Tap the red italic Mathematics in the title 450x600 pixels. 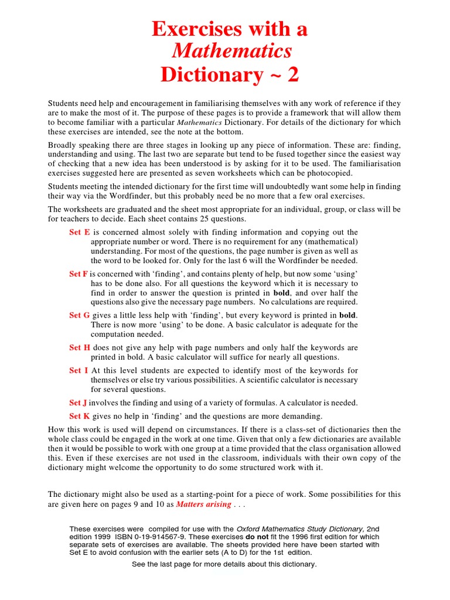[x=231, y=52]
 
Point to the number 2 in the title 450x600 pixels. [x=292, y=74]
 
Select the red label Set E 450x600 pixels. [x=79, y=232]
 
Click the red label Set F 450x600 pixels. [x=79, y=274]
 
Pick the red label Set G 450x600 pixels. [x=79, y=315]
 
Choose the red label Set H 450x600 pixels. [x=79, y=347]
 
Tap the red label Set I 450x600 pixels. [x=79, y=370]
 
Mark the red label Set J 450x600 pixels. [x=78, y=403]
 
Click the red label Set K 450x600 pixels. [x=79, y=416]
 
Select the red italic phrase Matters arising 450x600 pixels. [x=203, y=504]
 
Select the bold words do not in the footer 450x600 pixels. [x=258, y=537]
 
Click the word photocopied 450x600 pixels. [x=333, y=173]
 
